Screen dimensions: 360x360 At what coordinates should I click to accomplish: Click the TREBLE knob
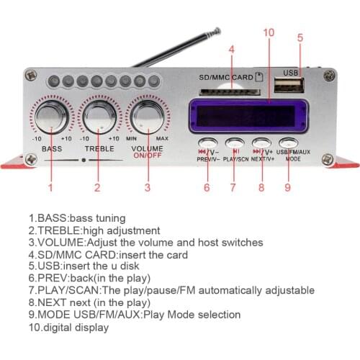[99, 115]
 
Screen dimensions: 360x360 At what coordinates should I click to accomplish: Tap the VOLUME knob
[148, 115]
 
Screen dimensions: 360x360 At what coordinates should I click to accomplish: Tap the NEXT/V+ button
[261, 143]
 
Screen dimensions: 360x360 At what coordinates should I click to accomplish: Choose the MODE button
[289, 143]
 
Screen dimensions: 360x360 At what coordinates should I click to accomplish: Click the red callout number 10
[269, 32]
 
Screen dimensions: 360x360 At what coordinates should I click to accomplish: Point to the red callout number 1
[50, 188]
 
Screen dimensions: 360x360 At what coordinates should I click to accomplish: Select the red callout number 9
[287, 188]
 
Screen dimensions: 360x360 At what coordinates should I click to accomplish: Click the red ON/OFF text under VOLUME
[148, 154]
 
